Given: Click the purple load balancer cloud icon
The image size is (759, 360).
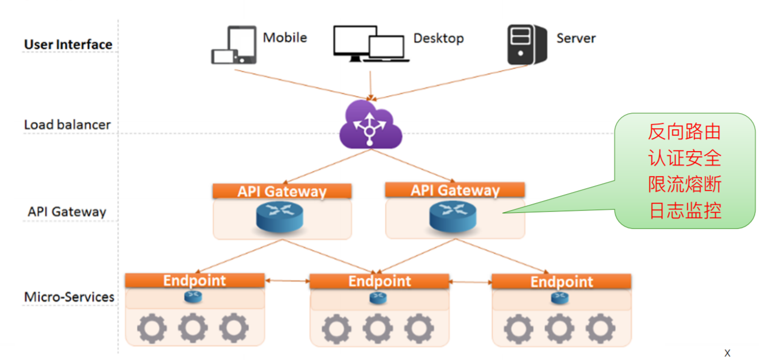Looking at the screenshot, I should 370,125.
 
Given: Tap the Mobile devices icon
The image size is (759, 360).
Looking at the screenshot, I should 234,46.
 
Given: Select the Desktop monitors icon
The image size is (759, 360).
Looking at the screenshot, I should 370,44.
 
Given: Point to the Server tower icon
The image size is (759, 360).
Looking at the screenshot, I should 526,45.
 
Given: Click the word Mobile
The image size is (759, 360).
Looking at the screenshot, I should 285,38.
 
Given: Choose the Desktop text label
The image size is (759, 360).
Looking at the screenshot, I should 438,38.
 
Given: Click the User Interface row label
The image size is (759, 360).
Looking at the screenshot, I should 68,45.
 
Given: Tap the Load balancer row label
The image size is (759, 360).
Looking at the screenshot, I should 68,125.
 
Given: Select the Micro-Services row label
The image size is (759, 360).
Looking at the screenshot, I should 69,297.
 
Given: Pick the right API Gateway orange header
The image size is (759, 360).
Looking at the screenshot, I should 455,190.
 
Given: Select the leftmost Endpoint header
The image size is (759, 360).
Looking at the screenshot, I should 195,281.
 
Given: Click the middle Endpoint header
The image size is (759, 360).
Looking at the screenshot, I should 379,281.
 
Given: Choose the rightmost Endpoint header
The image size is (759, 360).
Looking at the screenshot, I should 561,282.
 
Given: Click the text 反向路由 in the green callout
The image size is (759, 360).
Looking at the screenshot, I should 685,131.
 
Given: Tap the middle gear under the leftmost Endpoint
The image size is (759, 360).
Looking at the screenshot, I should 192,328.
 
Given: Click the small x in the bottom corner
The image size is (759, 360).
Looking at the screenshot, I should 727,353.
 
